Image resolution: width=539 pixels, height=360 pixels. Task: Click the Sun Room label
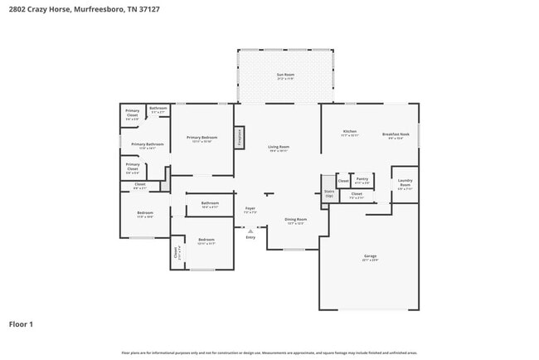tap(285, 76)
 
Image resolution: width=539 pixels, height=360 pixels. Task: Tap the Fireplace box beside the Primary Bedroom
tap(239, 138)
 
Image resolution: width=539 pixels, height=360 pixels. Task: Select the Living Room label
tap(278, 149)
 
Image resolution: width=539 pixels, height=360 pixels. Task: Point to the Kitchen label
tap(350, 133)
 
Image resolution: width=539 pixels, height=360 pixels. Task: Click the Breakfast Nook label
tap(392, 135)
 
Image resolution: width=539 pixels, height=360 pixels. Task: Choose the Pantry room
tap(362, 180)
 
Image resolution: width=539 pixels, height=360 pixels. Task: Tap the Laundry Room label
tap(405, 183)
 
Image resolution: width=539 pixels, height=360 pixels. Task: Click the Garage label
tap(369, 258)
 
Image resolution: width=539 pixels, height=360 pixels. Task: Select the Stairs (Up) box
tap(328, 192)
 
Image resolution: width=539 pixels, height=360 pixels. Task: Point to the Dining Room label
tap(295, 221)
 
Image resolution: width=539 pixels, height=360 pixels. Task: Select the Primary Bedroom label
tap(202, 139)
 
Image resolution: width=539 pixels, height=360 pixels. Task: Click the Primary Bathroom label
tap(148, 146)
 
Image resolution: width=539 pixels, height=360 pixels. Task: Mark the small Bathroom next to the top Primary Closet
tap(158, 110)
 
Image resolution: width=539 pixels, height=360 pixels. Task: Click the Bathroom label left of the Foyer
tap(210, 204)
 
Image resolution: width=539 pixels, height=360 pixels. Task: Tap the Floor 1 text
tap(21, 324)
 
